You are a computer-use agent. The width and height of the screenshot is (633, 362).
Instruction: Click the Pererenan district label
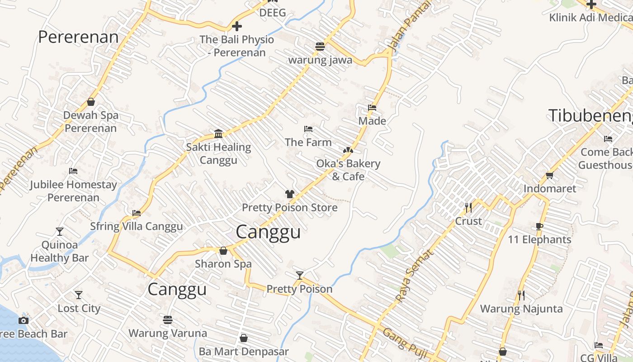click(78, 37)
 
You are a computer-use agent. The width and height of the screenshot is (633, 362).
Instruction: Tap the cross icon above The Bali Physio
click(236, 26)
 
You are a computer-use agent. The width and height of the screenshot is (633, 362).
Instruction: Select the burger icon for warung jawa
click(320, 46)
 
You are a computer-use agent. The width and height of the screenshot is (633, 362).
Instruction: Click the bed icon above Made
click(372, 108)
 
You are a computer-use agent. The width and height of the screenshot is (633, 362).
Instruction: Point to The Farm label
click(308, 142)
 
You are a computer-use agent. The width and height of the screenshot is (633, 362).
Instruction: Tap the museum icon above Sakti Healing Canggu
click(218, 133)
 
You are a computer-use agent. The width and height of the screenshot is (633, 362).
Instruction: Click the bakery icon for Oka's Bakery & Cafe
click(348, 150)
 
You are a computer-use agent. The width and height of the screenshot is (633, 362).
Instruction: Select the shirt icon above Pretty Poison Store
click(290, 194)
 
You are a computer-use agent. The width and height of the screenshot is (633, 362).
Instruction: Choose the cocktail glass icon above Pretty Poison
click(299, 275)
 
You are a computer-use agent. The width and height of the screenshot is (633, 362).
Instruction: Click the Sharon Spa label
click(223, 264)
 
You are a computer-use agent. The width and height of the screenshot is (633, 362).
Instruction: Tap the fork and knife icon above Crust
click(468, 208)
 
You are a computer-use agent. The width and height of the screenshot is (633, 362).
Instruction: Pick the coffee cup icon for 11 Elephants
click(539, 226)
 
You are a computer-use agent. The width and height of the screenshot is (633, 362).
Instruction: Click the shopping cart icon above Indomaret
click(549, 175)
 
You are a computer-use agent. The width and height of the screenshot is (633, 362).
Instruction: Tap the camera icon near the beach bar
click(24, 320)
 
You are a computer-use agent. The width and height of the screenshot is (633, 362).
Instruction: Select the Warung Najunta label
click(521, 309)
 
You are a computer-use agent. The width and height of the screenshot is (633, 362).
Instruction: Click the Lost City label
click(79, 309)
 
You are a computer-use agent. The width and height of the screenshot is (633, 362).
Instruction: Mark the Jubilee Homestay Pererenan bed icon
click(73, 171)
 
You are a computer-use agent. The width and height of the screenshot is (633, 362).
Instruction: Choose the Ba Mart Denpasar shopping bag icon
click(244, 338)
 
